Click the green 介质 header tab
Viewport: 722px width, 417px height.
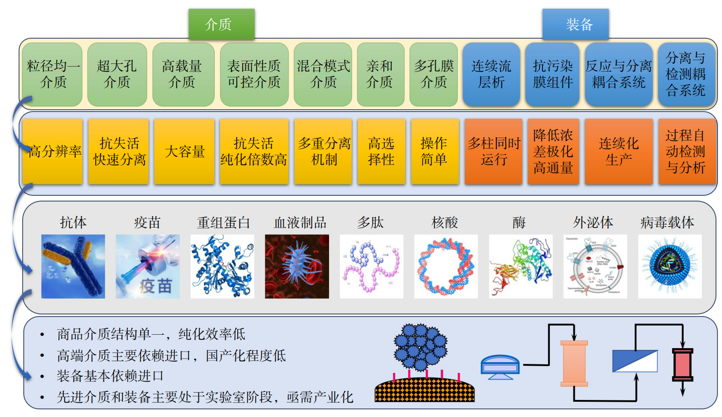pos(221,24)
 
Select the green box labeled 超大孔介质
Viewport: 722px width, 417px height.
pos(117,74)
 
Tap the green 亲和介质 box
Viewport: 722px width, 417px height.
pos(380,74)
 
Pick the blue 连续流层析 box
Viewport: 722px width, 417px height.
pos(491,74)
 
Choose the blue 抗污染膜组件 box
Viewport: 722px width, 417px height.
pos(552,74)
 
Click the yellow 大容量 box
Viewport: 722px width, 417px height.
pos(184,152)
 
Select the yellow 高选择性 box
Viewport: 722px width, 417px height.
pos(381,152)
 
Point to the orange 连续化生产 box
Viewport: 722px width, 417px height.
pos(618,152)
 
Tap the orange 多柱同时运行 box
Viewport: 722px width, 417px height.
pos(493,152)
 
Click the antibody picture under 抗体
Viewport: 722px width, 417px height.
pos(73,266)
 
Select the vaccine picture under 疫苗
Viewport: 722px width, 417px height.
pos(148,266)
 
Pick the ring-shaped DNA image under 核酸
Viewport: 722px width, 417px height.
pos(446,266)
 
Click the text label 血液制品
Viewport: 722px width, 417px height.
pos(300,223)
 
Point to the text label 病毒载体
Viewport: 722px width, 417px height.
pos(667,223)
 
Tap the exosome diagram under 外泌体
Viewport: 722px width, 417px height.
pos(595,266)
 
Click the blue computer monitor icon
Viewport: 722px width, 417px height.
pos(500,367)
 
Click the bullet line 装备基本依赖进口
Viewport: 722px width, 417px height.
pos(110,376)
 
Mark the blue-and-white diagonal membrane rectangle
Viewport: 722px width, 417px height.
pos(635,361)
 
